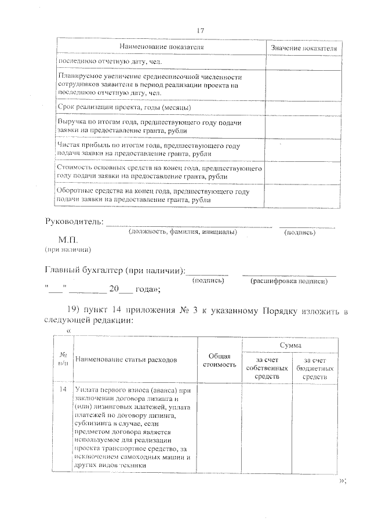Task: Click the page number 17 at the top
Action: tap(201, 30)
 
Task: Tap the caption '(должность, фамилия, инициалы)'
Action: tap(182, 232)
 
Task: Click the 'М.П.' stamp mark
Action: tap(68, 240)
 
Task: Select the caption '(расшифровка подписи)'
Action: tap(288, 281)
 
